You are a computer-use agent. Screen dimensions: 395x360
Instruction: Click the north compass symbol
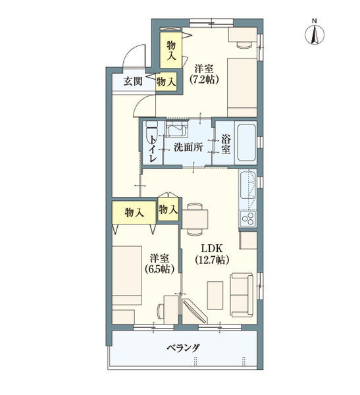(x=315, y=32)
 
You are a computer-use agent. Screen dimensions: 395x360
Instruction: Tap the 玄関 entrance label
(x=133, y=82)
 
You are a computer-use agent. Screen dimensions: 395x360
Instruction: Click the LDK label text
(x=213, y=248)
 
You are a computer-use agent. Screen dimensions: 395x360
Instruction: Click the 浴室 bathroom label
(x=226, y=145)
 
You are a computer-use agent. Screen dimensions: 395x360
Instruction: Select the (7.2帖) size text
(x=204, y=80)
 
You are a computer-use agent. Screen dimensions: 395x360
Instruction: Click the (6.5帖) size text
(x=159, y=269)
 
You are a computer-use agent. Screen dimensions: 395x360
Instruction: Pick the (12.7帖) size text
(x=212, y=260)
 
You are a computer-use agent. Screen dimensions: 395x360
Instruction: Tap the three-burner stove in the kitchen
(x=249, y=218)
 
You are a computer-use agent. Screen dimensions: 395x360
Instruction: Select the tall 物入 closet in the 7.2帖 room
(x=171, y=49)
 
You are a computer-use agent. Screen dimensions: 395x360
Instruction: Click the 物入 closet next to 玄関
(x=166, y=82)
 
